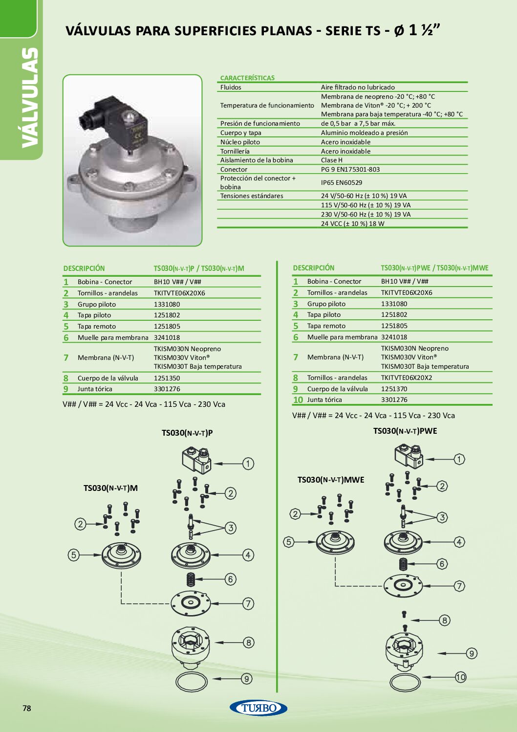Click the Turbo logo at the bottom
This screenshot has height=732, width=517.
pyautogui.click(x=258, y=708)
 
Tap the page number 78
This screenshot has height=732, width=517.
pyautogui.click(x=27, y=708)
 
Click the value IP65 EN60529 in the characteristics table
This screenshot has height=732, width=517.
pyautogui.click(x=341, y=183)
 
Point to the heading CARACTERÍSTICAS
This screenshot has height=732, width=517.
pyautogui.click(x=247, y=78)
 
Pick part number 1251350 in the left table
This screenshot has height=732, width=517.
pyautogui.click(x=167, y=378)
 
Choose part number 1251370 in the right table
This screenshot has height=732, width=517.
pyautogui.click(x=394, y=389)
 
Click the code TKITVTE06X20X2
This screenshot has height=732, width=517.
pyautogui.click(x=407, y=377)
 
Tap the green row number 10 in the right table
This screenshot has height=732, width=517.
pyautogui.click(x=298, y=399)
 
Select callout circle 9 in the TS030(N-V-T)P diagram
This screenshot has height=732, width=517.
pyautogui.click(x=247, y=679)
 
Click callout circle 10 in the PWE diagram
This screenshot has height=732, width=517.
pyautogui.click(x=460, y=677)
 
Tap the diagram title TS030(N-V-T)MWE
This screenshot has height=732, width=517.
pyautogui.click(x=330, y=480)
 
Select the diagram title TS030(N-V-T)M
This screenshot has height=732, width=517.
pyautogui.click(x=110, y=488)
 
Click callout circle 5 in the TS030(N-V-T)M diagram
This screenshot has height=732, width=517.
pyautogui.click(x=73, y=555)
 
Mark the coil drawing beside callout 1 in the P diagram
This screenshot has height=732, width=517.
pyautogui.click(x=196, y=460)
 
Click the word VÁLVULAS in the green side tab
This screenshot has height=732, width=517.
pyautogui.click(x=29, y=98)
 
